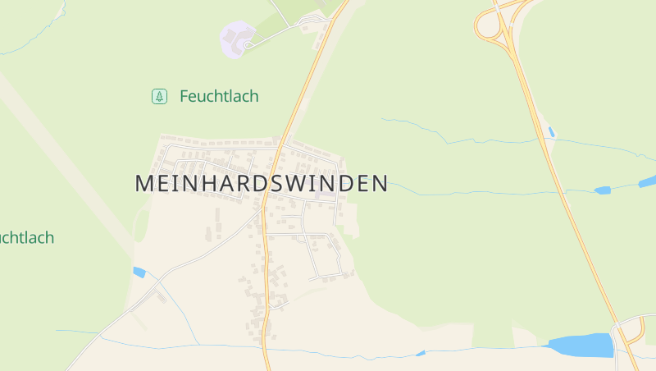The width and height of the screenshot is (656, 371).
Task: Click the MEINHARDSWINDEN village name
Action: (261, 183)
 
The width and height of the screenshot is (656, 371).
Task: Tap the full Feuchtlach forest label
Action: (219, 96)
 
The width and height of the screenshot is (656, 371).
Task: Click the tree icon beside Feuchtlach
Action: (159, 96)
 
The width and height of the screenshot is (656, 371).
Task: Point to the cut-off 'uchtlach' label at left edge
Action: (26, 238)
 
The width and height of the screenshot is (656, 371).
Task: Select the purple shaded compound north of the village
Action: (237, 39)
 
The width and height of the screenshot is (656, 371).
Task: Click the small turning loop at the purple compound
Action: (247, 44)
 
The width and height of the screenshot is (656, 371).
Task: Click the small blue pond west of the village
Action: (139, 272)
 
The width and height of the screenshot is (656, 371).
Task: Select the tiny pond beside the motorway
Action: (551, 131)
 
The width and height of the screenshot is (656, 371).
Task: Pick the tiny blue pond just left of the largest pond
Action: (421, 354)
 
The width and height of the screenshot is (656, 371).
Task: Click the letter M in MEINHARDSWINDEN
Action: (144, 183)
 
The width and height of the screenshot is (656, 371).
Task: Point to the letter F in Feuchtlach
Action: (184, 96)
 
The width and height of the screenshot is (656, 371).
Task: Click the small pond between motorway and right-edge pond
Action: (603, 190)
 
